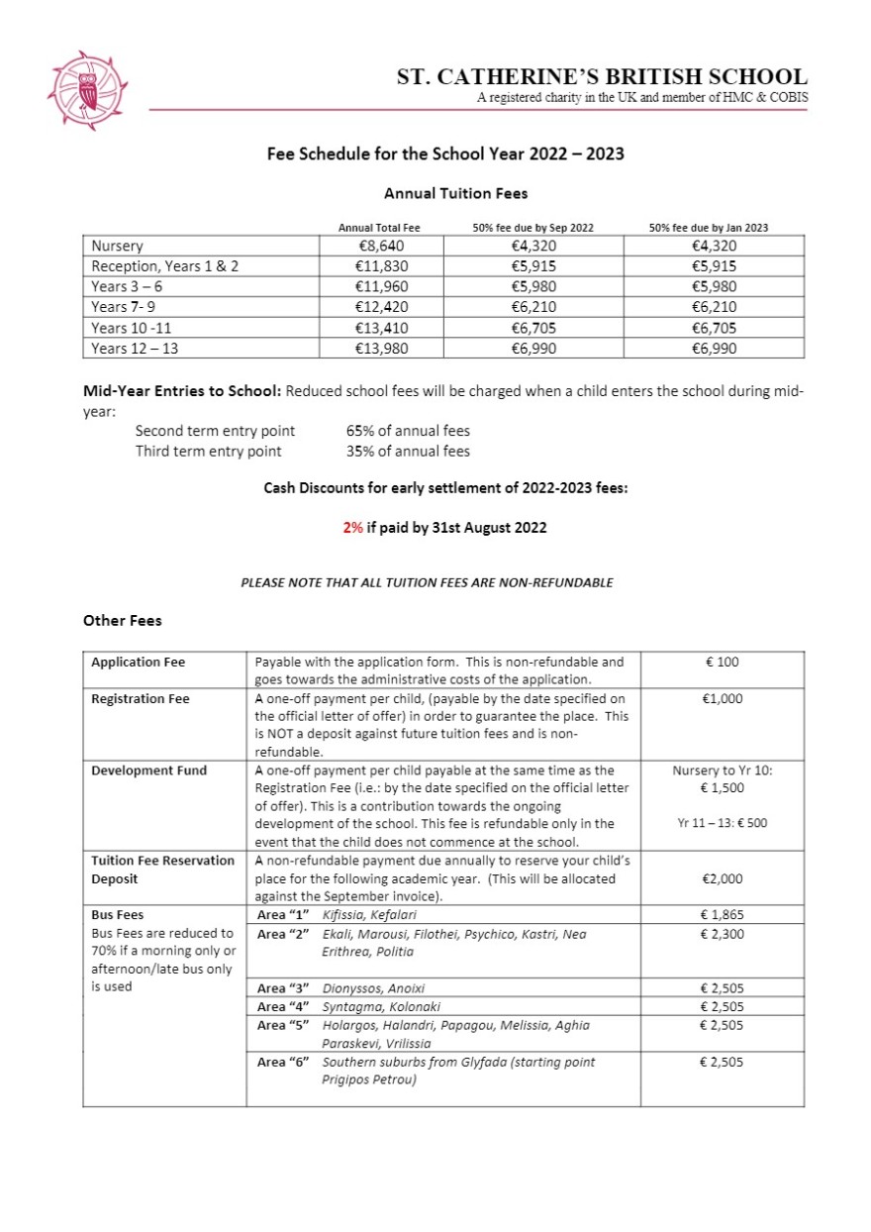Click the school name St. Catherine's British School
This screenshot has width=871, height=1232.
pyautogui.click(x=602, y=76)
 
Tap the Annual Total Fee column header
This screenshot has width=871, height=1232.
pyautogui.click(x=379, y=228)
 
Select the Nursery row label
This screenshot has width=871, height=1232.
pyautogui.click(x=117, y=246)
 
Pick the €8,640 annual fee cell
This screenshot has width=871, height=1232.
pyautogui.click(x=380, y=246)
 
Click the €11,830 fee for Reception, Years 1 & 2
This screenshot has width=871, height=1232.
pyautogui.click(x=381, y=266)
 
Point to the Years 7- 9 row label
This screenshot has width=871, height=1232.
pyautogui.click(x=123, y=307)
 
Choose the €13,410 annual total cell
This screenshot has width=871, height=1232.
pyautogui.click(x=381, y=328)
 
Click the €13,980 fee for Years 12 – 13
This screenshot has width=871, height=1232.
pyautogui.click(x=381, y=348)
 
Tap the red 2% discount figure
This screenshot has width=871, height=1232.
pyautogui.click(x=352, y=528)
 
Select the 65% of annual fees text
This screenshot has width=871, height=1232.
pyautogui.click(x=408, y=431)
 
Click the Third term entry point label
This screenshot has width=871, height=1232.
pyautogui.click(x=208, y=452)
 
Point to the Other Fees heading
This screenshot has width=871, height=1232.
pyautogui.click(x=123, y=621)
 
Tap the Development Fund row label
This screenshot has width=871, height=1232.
pyautogui.click(x=148, y=770)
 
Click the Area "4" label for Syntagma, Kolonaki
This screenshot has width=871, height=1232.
pyautogui.click(x=284, y=1007)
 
